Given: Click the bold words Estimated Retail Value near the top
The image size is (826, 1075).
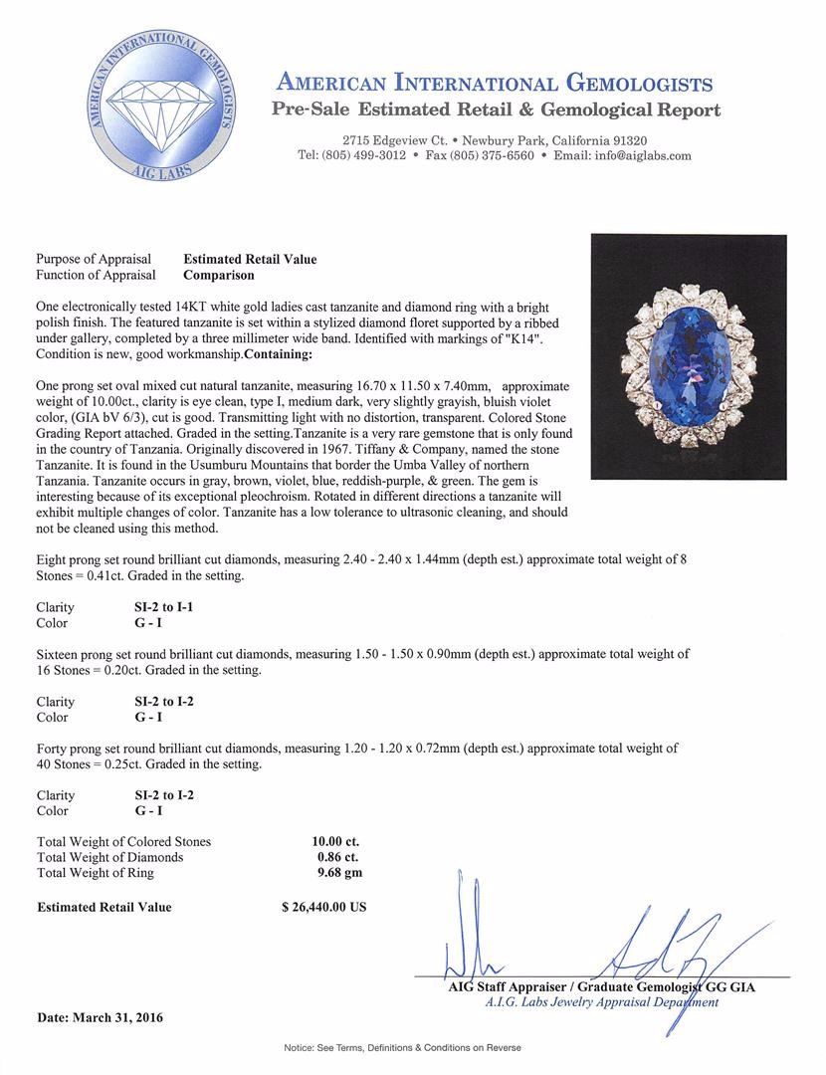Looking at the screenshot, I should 250,259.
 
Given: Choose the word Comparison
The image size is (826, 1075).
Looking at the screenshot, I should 219,275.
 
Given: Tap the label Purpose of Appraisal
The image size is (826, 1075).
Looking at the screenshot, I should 94,259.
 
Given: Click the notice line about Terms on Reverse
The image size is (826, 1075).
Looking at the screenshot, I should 402,1048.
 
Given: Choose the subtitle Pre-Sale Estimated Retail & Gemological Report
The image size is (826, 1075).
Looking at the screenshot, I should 496,110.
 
